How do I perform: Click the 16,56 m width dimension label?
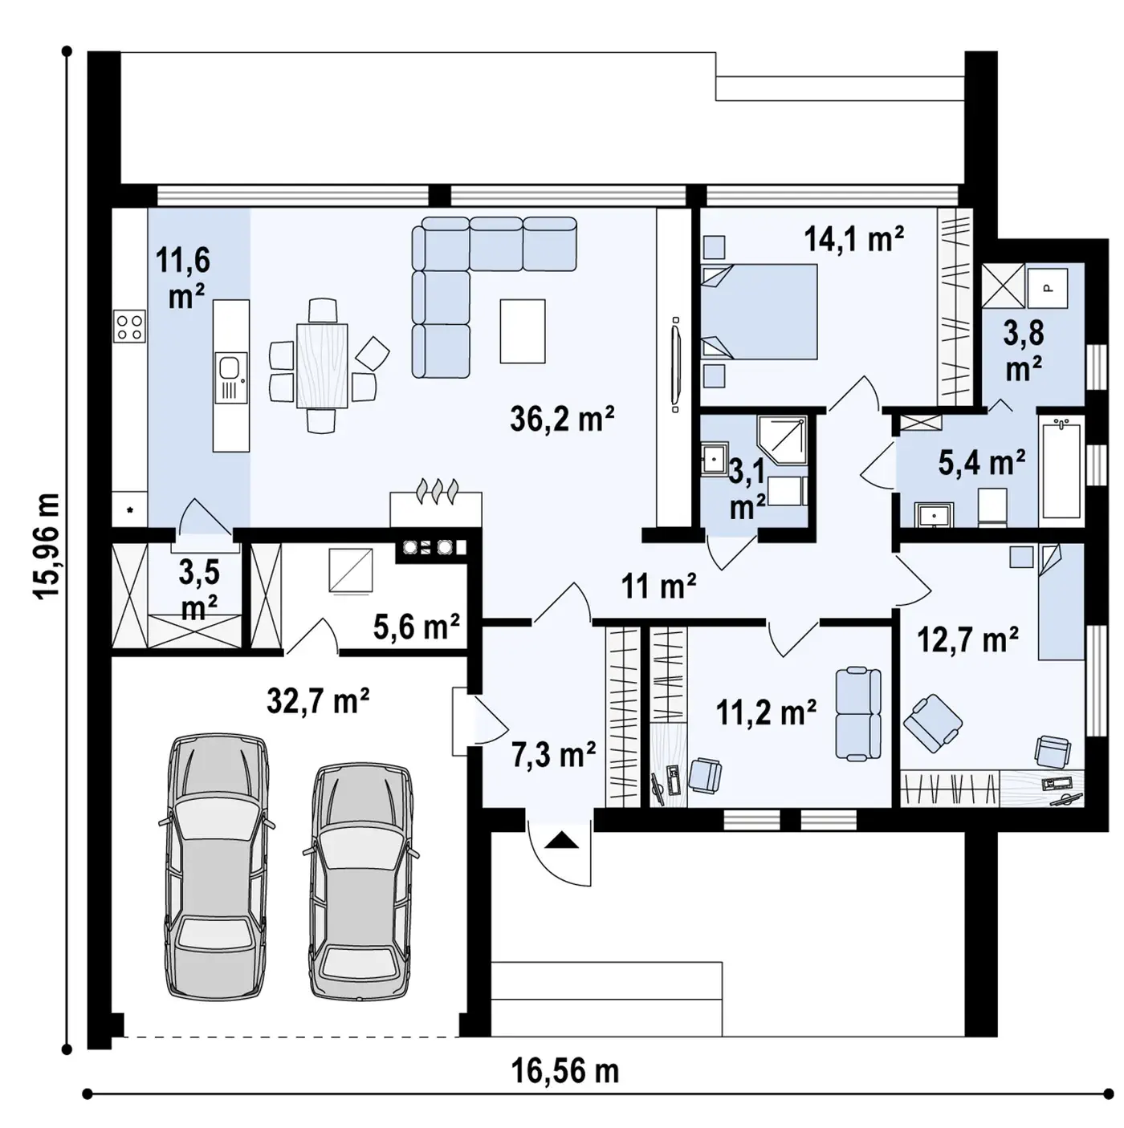click(565, 1070)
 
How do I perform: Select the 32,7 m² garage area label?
click(318, 700)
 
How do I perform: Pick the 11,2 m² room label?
click(766, 712)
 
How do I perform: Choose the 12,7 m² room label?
click(967, 639)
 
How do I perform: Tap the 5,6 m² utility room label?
click(416, 627)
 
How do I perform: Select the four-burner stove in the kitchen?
click(129, 327)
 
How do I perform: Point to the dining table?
click(322, 365)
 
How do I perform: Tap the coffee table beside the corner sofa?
click(522, 331)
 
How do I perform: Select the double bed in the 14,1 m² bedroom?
click(759, 311)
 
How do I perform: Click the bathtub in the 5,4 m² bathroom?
click(1061, 467)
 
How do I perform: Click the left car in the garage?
click(217, 866)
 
